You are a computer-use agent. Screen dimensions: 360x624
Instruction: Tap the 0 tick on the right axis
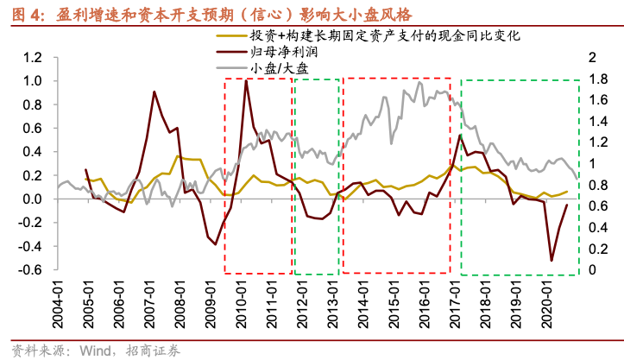[x=591, y=269]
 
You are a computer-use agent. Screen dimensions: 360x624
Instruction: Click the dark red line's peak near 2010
[x=247, y=80]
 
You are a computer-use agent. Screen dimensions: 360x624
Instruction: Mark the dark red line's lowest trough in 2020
[x=552, y=260]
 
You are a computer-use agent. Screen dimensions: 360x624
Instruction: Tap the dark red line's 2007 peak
[x=154, y=92]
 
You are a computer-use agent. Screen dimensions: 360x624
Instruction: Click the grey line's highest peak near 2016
[x=420, y=82]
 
